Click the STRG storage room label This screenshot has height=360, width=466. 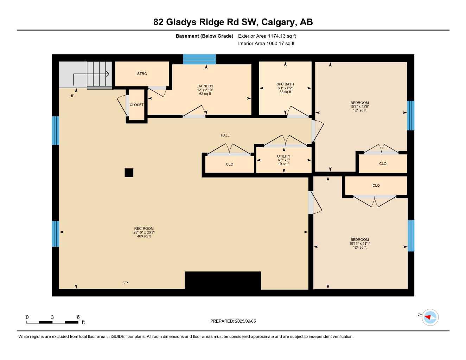[x=142, y=74]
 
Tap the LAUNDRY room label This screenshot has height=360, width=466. [x=205, y=86]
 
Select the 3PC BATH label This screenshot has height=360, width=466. [x=285, y=84]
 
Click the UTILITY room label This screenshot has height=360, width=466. [x=284, y=156]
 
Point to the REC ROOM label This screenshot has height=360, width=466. [x=144, y=229]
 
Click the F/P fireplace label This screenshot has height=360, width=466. [x=125, y=283]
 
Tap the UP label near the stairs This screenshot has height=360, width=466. [x=72, y=96]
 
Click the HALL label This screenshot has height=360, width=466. [x=225, y=135]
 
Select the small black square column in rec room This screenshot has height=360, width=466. [x=129, y=173]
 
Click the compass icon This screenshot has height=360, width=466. [x=430, y=317]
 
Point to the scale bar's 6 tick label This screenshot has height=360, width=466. [x=78, y=317]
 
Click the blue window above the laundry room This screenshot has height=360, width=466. [x=199, y=59]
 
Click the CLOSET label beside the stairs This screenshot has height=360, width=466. [x=136, y=105]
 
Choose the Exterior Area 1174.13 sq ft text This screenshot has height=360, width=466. [x=267, y=36]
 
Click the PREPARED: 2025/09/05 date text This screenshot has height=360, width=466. [x=233, y=321]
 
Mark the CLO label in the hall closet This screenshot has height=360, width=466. [x=230, y=164]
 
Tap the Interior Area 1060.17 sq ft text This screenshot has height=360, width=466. [x=266, y=44]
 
